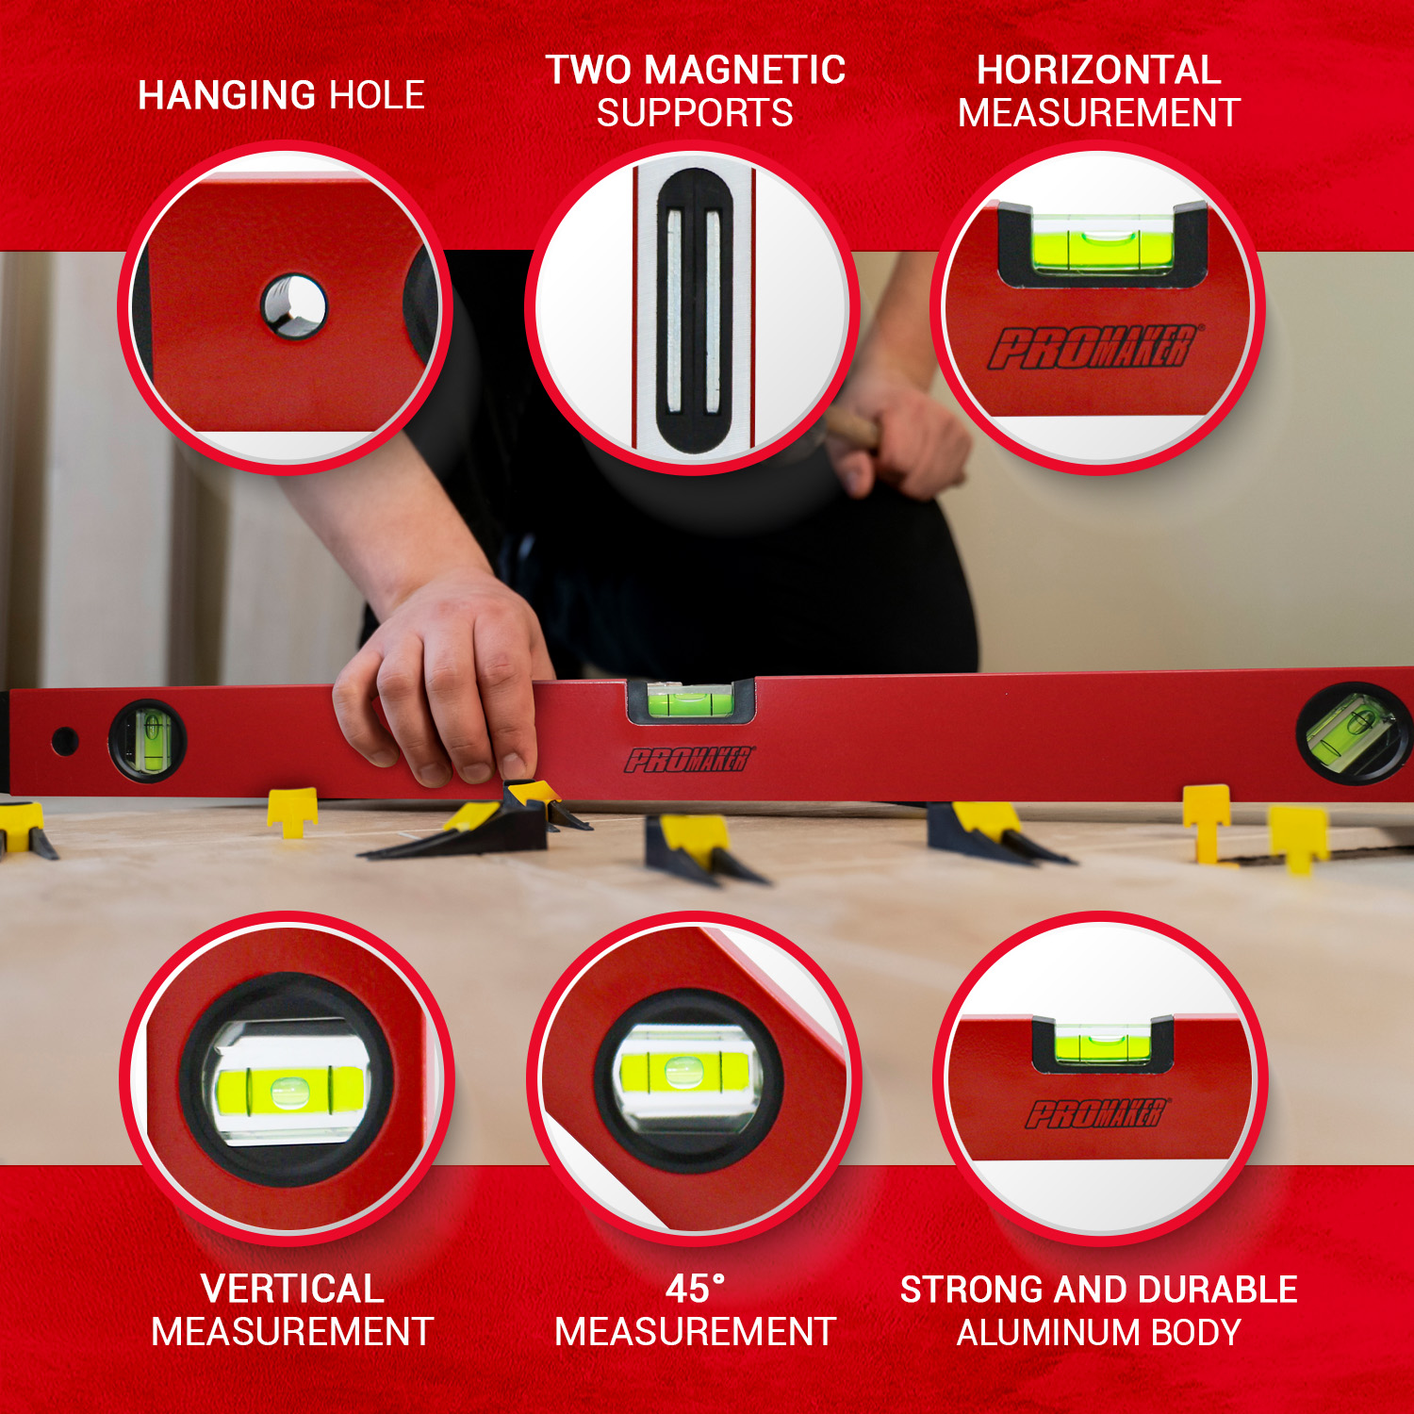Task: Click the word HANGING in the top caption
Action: click(x=226, y=95)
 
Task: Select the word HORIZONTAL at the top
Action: click(x=1098, y=70)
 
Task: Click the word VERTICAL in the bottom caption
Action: click(x=292, y=1289)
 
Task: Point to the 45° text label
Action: click(x=695, y=1289)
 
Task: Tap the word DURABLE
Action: click(x=1217, y=1290)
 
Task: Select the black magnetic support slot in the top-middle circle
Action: click(x=695, y=311)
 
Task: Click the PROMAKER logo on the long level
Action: click(x=690, y=759)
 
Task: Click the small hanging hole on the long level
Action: click(x=64, y=742)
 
